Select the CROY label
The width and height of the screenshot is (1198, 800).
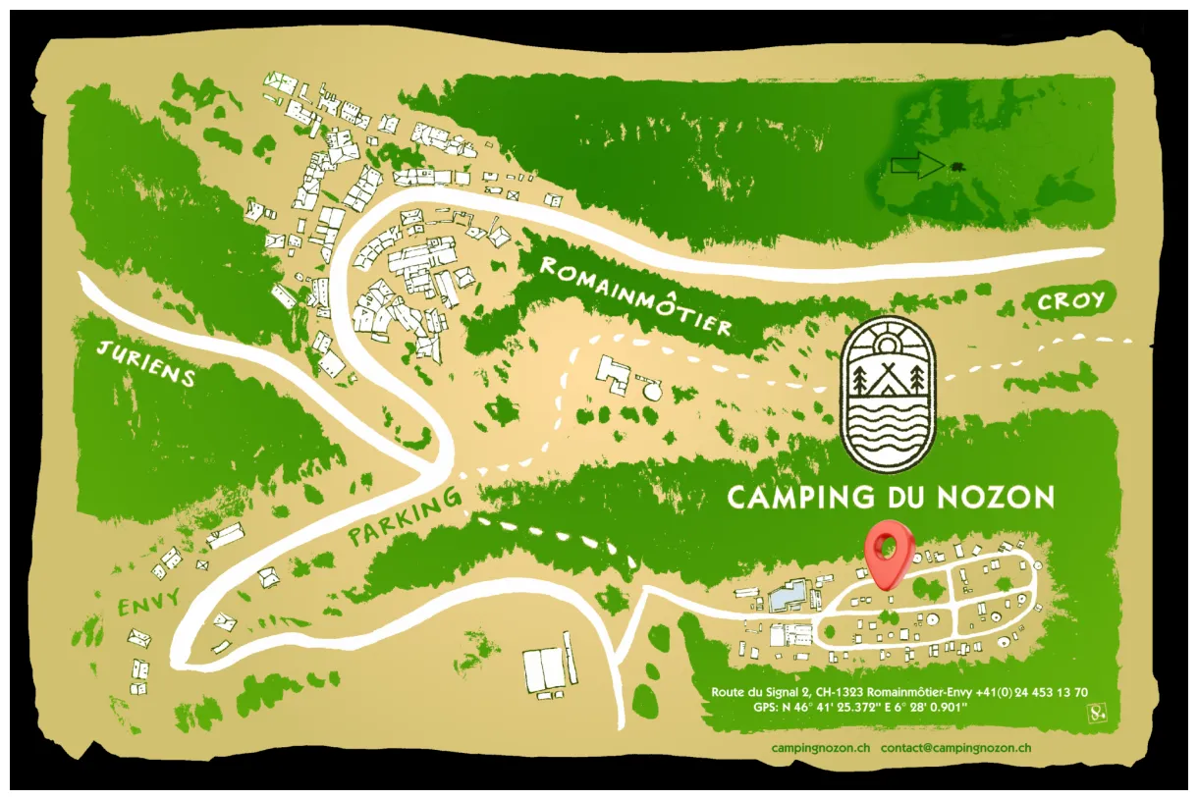[1071, 301]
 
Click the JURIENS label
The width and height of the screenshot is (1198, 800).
[147, 362]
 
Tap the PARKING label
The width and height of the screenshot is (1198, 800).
[405, 518]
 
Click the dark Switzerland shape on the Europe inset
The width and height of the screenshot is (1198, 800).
[956, 166]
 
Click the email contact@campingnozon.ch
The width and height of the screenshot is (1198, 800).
[955, 747]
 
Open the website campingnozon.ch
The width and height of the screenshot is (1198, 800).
[821, 747]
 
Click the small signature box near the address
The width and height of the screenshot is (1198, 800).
[1097, 714]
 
